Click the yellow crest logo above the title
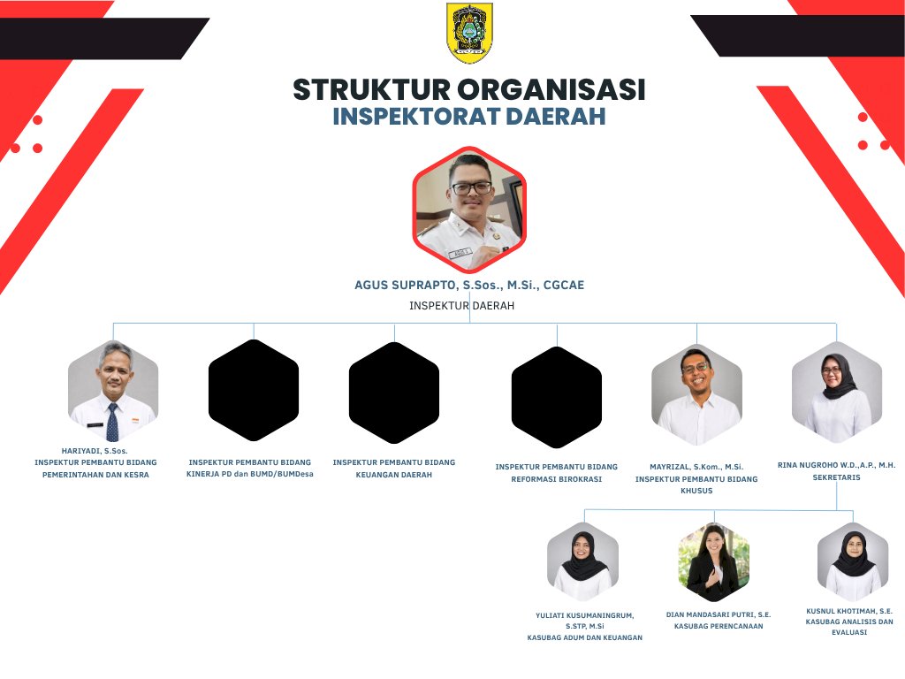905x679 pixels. [469, 33]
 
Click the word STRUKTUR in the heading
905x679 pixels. [372, 90]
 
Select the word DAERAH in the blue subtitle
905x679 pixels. [556, 116]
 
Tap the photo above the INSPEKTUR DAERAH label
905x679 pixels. [469, 210]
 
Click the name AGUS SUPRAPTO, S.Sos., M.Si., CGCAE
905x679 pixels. [469, 285]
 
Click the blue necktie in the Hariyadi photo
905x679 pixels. [112, 423]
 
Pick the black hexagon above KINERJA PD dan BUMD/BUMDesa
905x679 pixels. [254, 390]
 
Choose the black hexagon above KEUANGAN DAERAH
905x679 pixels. [394, 393]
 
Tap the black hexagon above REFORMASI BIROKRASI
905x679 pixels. [557, 397]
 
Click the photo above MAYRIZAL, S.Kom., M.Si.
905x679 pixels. [696, 395]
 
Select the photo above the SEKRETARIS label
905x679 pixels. [837, 392]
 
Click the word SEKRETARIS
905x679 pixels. [836, 477]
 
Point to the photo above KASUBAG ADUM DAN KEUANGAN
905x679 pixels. [583, 562]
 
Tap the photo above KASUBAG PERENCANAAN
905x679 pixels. [714, 562]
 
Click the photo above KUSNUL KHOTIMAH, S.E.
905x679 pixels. [853, 562]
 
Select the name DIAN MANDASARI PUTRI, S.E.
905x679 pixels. [719, 615]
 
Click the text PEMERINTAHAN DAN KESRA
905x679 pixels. [95, 475]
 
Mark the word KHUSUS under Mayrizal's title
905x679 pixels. [696, 491]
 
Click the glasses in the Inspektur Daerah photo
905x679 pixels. [472, 188]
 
